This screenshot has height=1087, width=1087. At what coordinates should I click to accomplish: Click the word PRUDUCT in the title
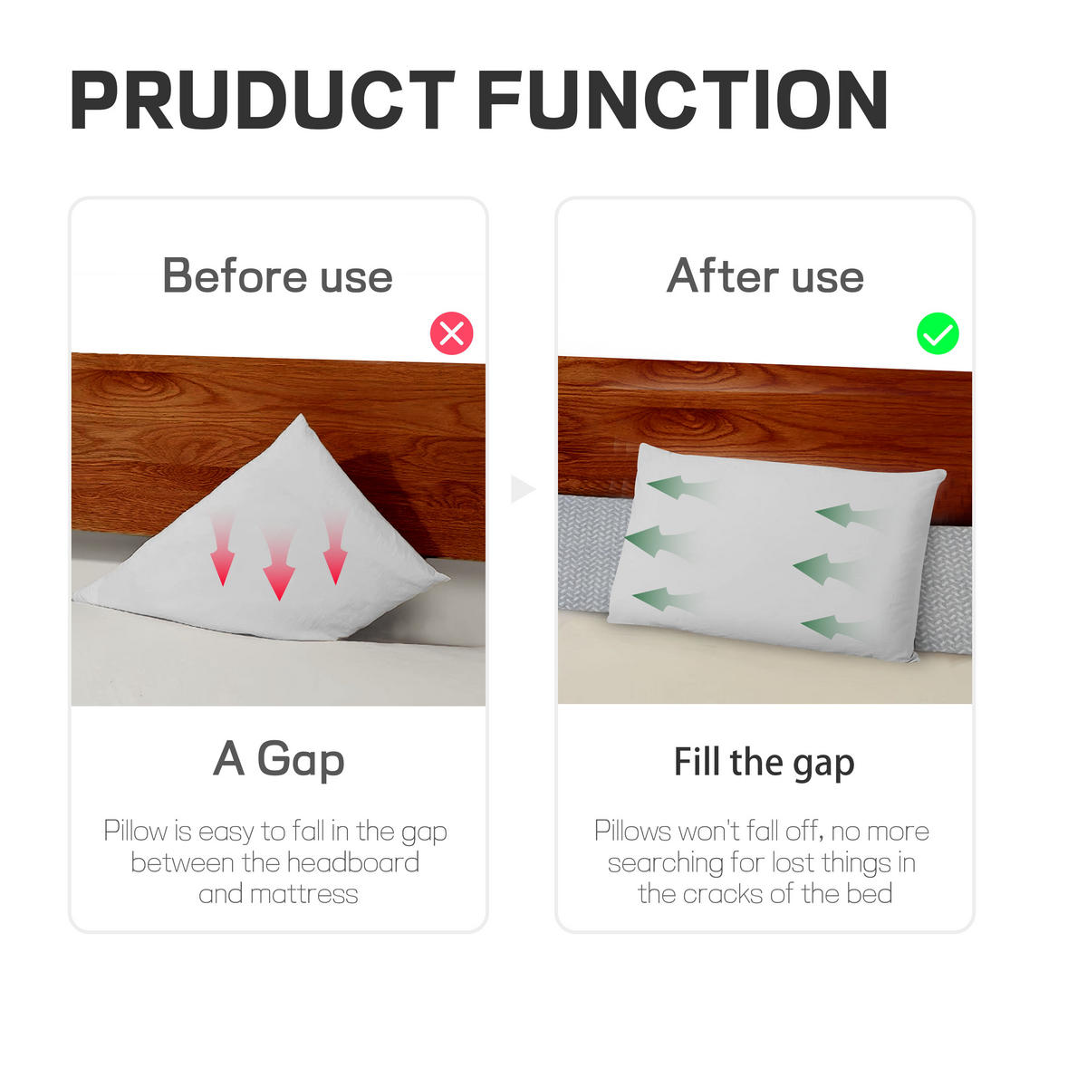pos(263,100)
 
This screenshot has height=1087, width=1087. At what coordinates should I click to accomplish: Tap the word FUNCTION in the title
pos(684,100)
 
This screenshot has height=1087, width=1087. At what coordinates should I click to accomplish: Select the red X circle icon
pos(451,332)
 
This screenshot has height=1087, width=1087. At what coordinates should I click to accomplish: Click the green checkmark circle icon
pos(938,333)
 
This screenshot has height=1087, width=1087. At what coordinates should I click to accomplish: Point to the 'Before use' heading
pos(277,276)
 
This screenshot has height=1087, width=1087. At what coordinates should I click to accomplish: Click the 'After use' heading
pos(765,276)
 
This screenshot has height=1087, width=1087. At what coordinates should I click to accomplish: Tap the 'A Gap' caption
pos(279,759)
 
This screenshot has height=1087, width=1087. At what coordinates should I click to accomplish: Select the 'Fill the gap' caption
pos(765,763)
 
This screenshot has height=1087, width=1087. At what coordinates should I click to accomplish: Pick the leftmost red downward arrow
pos(222,549)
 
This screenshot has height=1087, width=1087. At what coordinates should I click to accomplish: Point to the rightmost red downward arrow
pos(335,549)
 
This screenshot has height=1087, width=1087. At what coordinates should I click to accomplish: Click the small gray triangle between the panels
pos(523,488)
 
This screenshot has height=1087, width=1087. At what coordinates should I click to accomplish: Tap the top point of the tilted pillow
pos(302,415)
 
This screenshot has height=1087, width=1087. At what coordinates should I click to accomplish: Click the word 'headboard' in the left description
pos(353,862)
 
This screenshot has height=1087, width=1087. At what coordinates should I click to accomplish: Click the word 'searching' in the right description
pos(665,863)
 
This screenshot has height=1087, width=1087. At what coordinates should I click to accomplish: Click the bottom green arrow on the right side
pos(833,627)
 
